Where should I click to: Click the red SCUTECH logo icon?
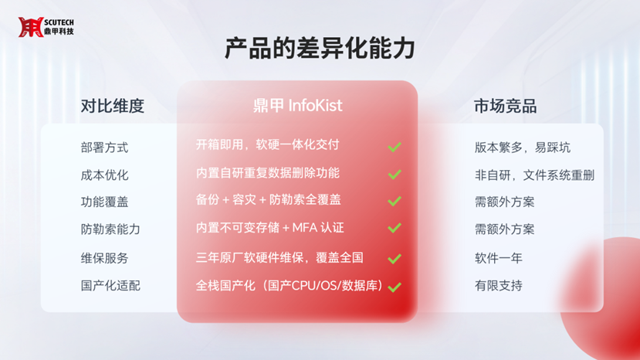(x=31, y=27)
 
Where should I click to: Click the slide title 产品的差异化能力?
(x=320, y=48)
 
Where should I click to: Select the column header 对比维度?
(x=112, y=106)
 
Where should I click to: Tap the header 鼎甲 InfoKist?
(x=297, y=105)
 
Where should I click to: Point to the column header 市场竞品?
(x=506, y=106)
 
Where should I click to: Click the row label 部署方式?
(x=104, y=148)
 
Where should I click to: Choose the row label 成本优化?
(x=104, y=175)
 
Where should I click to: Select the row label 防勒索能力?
(x=110, y=229)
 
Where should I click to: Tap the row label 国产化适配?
(x=110, y=286)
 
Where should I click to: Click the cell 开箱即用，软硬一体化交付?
(x=267, y=144)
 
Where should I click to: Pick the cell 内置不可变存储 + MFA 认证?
(x=269, y=228)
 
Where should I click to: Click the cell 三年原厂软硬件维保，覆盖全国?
(x=279, y=258)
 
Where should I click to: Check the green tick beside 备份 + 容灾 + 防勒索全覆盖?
(x=394, y=201)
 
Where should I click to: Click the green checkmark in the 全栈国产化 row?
(x=394, y=287)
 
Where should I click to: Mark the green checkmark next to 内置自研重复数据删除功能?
(x=394, y=175)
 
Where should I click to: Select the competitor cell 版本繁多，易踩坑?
(x=523, y=148)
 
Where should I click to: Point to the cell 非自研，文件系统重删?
(x=534, y=175)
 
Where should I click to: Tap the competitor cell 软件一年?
(x=499, y=258)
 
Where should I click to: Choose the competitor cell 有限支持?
(x=499, y=286)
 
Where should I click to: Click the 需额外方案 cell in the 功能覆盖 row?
(x=504, y=202)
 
